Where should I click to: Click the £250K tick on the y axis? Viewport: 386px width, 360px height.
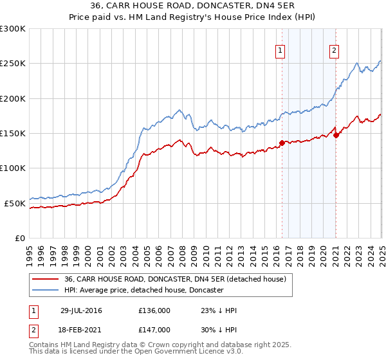click(13, 64)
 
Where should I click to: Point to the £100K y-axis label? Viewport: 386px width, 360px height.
click(13, 168)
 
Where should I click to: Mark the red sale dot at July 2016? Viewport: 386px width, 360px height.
click(282, 143)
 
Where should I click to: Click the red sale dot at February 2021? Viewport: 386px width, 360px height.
click(336, 135)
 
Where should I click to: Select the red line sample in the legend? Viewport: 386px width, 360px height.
click(46, 279)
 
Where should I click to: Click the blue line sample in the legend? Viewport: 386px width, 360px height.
click(46, 290)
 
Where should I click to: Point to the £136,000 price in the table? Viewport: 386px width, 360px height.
click(154, 310)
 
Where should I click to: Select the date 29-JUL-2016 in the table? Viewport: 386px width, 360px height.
click(83, 310)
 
